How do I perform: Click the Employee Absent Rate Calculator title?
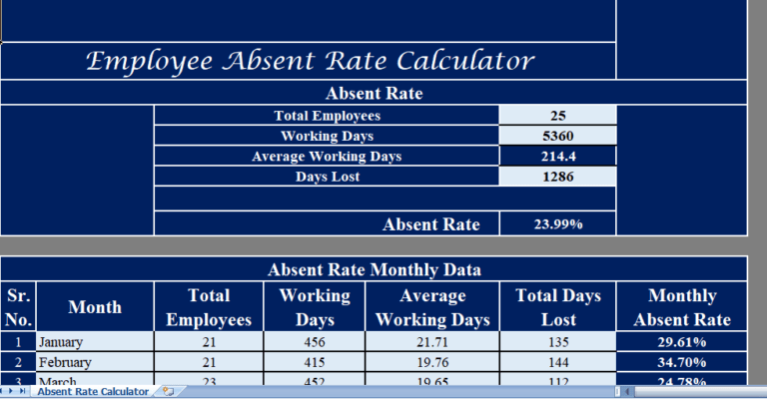tap(309, 61)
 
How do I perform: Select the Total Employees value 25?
tap(557, 116)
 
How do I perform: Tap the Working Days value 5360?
tap(557, 136)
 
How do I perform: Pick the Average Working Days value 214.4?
tap(557, 157)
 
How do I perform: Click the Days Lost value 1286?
tap(557, 177)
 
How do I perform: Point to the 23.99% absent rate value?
tap(557, 224)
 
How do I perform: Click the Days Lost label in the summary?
tap(327, 177)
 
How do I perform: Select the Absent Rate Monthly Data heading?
tap(374, 269)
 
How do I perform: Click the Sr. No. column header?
tap(19, 307)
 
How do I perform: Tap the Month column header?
tap(95, 307)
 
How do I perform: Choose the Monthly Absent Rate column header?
tap(682, 307)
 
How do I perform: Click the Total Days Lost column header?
tap(559, 307)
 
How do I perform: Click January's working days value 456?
tap(315, 342)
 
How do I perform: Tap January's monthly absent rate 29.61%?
tap(682, 342)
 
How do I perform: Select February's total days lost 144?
tap(559, 362)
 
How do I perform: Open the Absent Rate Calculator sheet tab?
tap(93, 392)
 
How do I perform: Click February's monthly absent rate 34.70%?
tap(682, 362)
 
